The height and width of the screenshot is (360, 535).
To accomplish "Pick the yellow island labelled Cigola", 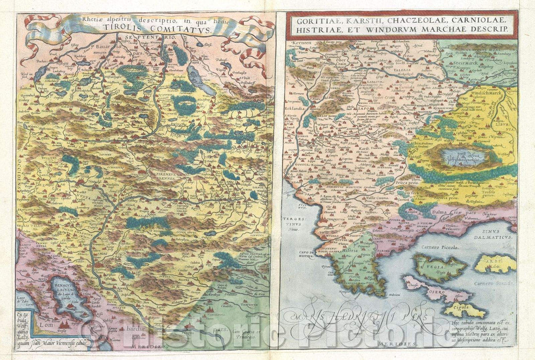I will coord(463,310).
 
